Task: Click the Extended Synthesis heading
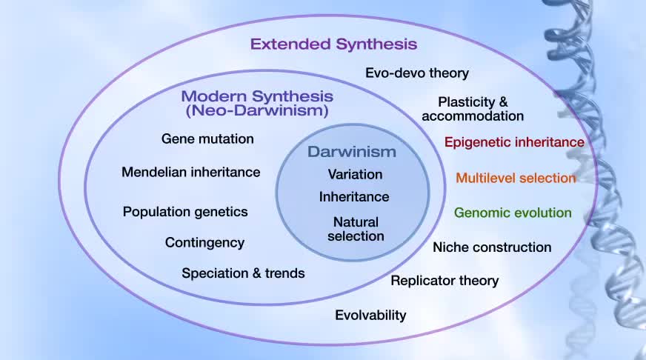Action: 333,44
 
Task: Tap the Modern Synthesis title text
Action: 257,96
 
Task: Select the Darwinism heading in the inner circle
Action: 352,152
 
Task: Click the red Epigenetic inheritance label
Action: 514,142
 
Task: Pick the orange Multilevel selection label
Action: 516,178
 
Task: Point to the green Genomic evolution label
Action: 513,213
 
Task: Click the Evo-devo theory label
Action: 417,73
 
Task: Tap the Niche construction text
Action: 492,247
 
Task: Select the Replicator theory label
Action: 444,281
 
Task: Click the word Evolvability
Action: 370,316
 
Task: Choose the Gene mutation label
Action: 207,139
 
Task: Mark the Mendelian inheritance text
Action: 190,172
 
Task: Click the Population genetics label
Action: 185,212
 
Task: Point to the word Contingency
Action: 204,243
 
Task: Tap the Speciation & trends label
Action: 243,273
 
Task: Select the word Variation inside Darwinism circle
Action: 355,174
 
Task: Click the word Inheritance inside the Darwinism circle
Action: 354,197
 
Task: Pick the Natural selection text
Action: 356,229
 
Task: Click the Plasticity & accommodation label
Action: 473,109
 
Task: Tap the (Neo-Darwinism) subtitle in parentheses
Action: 257,110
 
